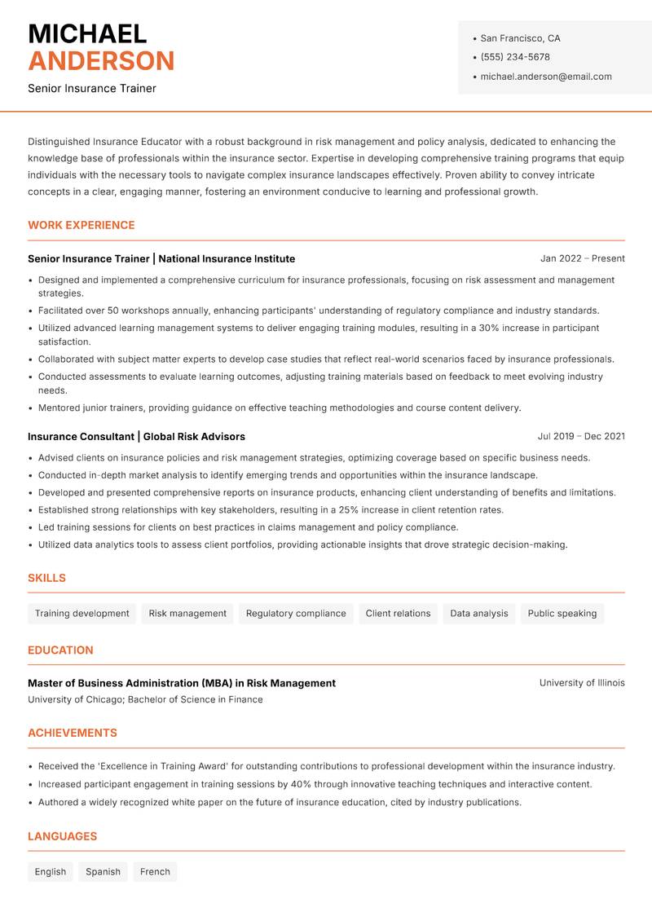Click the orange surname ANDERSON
[101, 61]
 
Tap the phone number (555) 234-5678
[514, 57]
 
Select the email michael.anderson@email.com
[545, 77]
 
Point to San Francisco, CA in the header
[520, 38]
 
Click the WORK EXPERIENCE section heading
[81, 225]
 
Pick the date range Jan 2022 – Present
[582, 258]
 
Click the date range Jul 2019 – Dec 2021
[580, 436]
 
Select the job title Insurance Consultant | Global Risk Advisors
[136, 436]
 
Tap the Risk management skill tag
[187, 614]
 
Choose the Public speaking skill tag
[562, 614]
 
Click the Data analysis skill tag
[478, 614]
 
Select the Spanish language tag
[103, 872]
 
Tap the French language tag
[155, 872]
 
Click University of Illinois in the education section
[581, 683]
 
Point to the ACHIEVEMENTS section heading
[73, 733]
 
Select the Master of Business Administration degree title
[181, 683]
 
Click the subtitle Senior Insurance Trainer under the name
[92, 88]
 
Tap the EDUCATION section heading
[60, 650]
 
